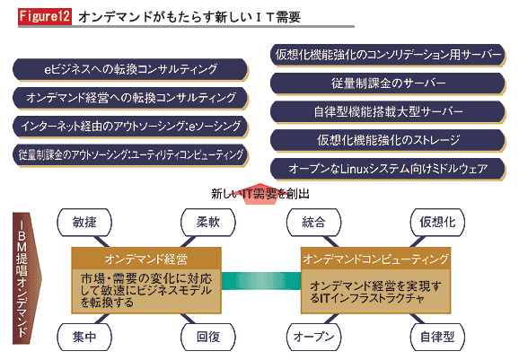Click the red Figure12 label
coord(45,16)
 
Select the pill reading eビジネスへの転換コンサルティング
coord(130,69)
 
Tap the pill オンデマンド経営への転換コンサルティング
coord(130,98)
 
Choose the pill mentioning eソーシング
coord(130,127)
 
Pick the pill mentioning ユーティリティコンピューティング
coord(130,154)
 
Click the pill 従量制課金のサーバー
coord(388,83)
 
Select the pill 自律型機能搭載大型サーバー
coord(388,112)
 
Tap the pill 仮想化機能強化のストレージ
coord(388,140)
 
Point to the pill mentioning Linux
coord(388,169)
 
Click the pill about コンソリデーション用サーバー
coord(388,55)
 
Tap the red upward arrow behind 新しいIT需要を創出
coord(260,194)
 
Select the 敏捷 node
coord(84,222)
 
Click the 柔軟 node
coord(208,222)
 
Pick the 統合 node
coord(313,222)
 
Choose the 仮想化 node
coord(437,222)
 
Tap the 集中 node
coord(84,337)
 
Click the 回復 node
coord(208,337)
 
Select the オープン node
coord(313,337)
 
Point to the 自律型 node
coord(437,337)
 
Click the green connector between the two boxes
coord(261,281)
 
